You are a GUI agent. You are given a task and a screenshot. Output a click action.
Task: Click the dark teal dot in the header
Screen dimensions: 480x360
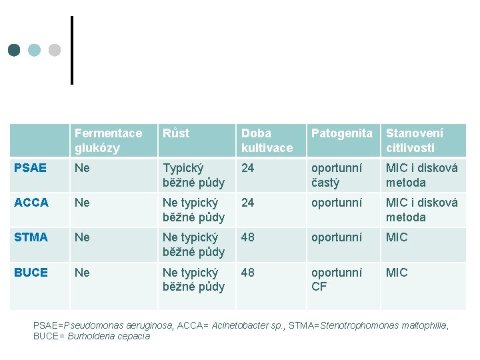click(x=14, y=50)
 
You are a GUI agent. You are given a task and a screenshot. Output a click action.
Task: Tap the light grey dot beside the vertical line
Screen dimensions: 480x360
click(x=55, y=50)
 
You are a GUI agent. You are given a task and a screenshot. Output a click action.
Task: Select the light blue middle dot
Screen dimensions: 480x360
click(x=34, y=50)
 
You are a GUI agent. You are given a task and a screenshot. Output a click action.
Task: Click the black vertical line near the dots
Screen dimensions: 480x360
click(x=72, y=50)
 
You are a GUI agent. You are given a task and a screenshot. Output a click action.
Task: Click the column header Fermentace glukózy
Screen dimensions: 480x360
click(x=109, y=141)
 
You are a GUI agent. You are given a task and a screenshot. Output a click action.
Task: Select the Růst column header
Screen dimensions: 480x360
click(x=176, y=133)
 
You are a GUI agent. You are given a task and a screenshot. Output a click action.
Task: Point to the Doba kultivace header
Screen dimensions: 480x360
click(x=267, y=141)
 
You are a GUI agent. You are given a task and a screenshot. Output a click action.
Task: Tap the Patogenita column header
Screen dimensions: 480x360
click(x=342, y=133)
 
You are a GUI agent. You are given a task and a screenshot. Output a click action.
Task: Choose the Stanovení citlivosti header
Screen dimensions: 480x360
click(x=415, y=141)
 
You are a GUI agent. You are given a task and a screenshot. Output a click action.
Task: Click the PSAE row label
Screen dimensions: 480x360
click(x=30, y=168)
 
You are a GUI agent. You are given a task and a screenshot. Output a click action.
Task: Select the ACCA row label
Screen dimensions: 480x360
click(x=31, y=203)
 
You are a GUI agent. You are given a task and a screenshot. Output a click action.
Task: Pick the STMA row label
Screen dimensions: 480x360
click(x=31, y=237)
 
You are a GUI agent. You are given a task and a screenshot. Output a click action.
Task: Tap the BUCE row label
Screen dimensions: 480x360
click(x=31, y=273)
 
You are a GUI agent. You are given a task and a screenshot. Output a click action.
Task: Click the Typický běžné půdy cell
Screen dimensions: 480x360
click(x=193, y=175)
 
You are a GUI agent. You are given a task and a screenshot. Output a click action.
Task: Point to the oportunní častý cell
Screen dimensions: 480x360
click(x=337, y=175)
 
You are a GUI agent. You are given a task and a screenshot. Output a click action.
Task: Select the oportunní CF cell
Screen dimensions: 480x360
click(x=337, y=279)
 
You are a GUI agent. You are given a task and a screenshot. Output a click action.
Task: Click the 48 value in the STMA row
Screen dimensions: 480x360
click(x=247, y=237)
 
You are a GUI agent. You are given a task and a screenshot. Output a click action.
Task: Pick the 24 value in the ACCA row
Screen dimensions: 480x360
click(x=247, y=203)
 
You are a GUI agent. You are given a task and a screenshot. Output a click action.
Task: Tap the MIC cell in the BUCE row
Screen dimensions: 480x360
click(x=397, y=273)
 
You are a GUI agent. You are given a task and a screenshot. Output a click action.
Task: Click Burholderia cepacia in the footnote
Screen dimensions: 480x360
click(x=109, y=336)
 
